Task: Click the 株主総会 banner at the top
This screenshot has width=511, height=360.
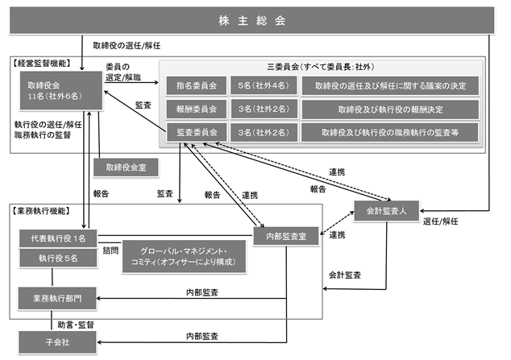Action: pos(251,20)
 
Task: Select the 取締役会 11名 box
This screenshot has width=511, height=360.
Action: pos(61,90)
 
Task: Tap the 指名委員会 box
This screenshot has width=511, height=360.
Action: pos(196,85)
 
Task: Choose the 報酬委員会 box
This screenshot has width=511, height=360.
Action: pos(196,109)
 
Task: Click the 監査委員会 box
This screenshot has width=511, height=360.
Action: pos(196,132)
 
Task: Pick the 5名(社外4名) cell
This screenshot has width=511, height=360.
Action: pos(264,85)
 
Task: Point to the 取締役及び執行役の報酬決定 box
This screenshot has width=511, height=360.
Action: pos(390,110)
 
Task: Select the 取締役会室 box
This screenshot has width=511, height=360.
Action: pos(126,168)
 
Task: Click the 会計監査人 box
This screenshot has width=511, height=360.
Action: pos(386,211)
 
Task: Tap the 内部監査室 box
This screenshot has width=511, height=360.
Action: pos(286,236)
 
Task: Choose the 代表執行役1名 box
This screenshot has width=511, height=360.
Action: pos(58,238)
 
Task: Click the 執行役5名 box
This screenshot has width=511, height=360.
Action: pos(58,259)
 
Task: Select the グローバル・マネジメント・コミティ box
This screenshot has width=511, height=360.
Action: pos(184,256)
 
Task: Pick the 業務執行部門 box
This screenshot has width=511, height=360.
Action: pos(57,298)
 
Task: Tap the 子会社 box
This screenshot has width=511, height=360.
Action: pos(57,342)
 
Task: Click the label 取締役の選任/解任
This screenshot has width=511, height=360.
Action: pos(127,46)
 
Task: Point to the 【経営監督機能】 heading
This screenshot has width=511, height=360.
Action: pos(41,63)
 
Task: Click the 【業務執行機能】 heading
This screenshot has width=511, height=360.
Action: pos(41,211)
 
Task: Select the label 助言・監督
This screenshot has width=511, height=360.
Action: pos(76,325)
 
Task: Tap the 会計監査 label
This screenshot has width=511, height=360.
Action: pos(344,275)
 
